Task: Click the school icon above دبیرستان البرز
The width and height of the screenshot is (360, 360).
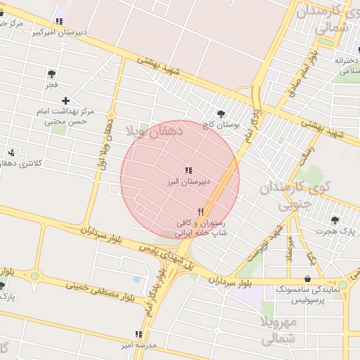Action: tap(187, 170)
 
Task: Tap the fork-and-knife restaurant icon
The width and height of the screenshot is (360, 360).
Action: tap(201, 211)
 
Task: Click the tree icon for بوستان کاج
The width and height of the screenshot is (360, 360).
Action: tap(221, 113)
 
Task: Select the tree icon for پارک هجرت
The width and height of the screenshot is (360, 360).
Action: tap(334, 219)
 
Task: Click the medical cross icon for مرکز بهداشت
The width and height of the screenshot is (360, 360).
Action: tap(65, 101)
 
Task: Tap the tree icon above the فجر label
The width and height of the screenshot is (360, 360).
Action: tap(51, 73)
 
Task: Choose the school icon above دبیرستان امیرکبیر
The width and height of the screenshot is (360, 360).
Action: tap(60, 21)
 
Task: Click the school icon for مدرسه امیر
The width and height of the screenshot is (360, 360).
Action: tap(139, 335)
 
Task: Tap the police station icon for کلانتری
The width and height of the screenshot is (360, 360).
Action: tap(11, 153)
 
